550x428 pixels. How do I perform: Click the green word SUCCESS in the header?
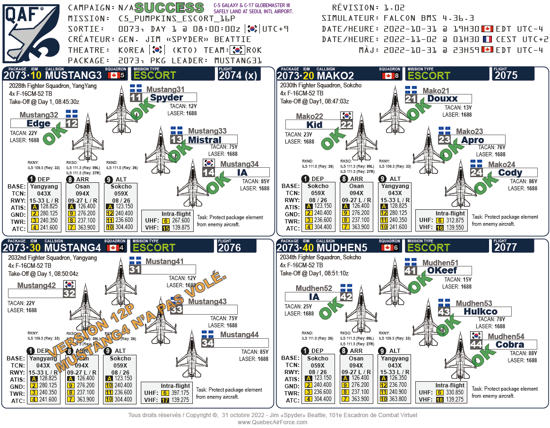coord(169,8)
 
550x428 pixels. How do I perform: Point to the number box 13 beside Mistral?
coord(176,140)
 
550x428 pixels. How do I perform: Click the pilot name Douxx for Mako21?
coord(442,99)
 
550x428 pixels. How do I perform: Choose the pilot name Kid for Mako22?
coord(314,125)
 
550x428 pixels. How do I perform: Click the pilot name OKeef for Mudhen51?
coord(442,271)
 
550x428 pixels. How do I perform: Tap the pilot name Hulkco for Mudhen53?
coord(480,312)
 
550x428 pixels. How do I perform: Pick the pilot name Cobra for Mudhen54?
coord(509,345)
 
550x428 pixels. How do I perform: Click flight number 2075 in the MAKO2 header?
coord(507,75)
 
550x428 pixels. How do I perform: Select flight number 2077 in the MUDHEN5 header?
coord(507,247)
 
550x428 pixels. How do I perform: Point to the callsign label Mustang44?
coord(239,335)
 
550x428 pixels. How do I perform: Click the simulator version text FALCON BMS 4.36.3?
coord(429,18)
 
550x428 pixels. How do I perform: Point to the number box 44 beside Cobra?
coord(476,345)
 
